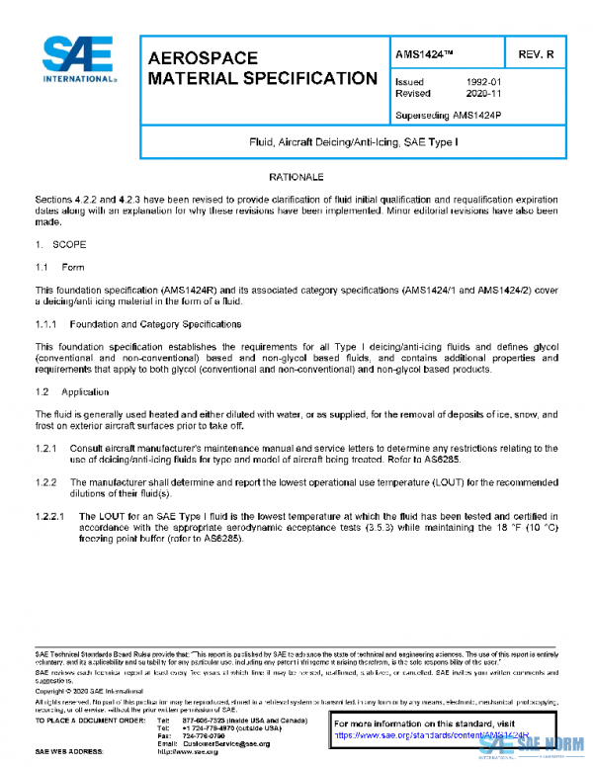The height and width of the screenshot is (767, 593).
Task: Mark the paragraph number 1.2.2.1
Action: (x=51, y=516)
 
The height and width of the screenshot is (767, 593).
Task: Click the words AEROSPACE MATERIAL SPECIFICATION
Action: (x=261, y=68)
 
